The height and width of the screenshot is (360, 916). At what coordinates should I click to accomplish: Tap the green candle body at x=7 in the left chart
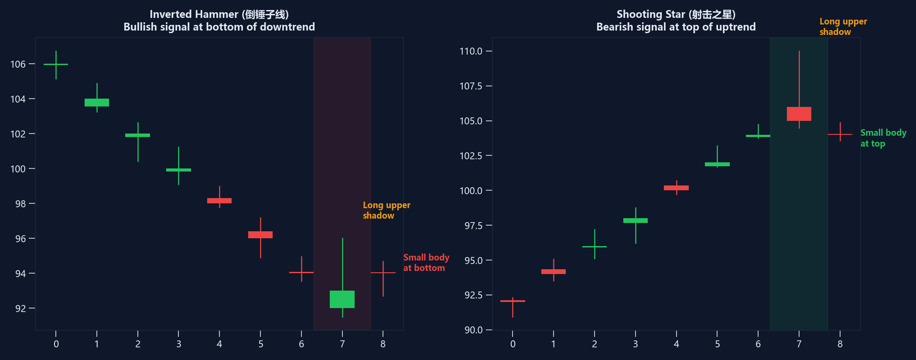tap(342, 299)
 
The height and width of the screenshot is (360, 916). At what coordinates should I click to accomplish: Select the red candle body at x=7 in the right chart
tap(799, 114)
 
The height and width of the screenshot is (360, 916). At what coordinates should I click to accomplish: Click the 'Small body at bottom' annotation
tap(426, 263)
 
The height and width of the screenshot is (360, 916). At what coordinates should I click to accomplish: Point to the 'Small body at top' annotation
tap(883, 138)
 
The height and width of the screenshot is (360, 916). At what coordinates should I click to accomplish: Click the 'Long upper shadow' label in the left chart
tap(386, 210)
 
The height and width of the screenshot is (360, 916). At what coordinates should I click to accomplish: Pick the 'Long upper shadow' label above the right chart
tap(843, 27)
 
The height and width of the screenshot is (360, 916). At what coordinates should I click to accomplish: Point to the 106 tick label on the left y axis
tap(18, 64)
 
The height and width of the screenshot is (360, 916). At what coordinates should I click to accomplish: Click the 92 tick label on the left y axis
tap(21, 309)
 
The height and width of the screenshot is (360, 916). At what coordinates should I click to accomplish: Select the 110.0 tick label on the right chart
tap(471, 51)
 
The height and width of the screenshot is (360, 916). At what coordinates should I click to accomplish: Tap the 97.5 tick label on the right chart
tap(471, 226)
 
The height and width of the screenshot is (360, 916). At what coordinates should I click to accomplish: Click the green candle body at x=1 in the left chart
tap(97, 103)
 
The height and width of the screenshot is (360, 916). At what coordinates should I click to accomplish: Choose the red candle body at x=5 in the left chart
tap(260, 235)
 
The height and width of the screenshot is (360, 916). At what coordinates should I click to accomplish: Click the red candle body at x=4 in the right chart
tap(676, 188)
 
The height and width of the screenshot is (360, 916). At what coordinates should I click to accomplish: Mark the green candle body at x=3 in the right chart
tap(636, 221)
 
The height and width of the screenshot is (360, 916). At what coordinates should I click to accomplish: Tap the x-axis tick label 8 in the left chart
tap(383, 344)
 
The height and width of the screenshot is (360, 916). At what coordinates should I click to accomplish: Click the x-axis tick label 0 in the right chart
tap(513, 344)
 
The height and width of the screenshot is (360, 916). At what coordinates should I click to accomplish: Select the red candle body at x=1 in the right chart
tap(554, 272)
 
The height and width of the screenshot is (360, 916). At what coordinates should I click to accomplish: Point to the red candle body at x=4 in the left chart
tap(219, 201)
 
